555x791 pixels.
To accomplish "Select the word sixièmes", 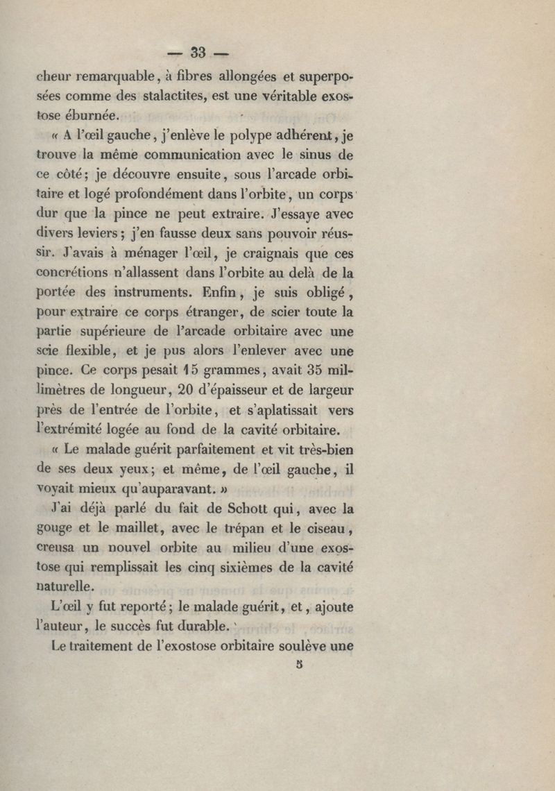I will pos(229,568).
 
